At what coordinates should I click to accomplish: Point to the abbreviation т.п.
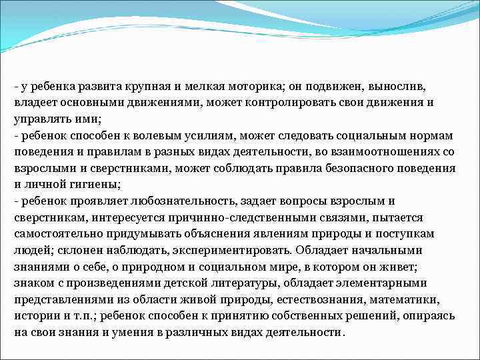71,315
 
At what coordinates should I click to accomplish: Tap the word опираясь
431,315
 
